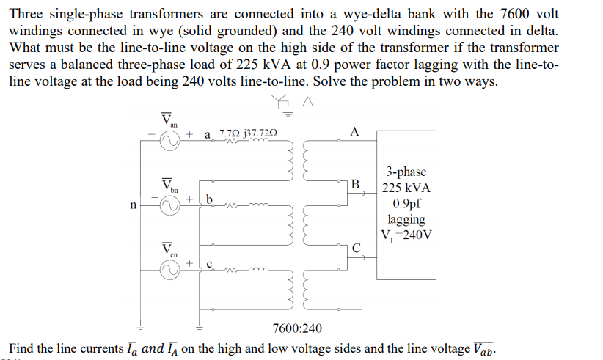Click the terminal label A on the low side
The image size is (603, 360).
click(355, 132)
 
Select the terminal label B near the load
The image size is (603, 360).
click(355, 185)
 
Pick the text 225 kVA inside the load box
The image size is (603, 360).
click(406, 187)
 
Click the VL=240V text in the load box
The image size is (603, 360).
click(406, 235)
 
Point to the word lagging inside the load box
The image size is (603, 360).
click(406, 219)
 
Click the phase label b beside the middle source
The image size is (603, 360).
click(209, 198)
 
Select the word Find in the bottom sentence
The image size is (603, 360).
click(22, 348)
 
